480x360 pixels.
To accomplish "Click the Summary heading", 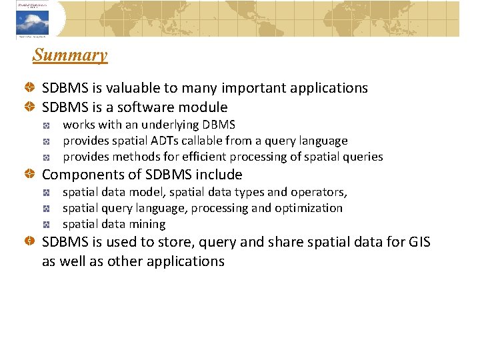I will pyautogui.click(x=69, y=55).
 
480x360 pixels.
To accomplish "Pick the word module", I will pyautogui.click(x=205, y=107).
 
